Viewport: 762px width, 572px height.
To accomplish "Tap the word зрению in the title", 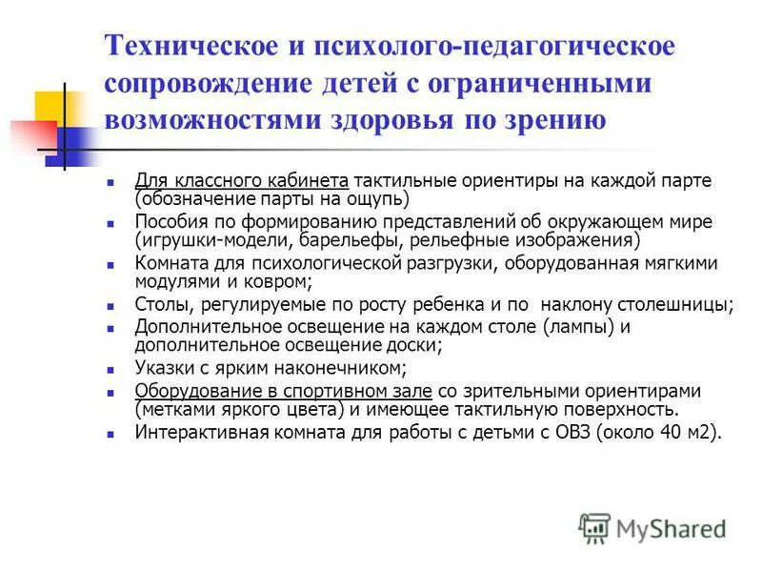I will pos(555,120).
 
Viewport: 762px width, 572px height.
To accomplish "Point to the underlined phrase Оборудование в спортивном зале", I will pos(284,392).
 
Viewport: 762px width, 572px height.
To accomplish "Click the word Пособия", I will pos(170,222).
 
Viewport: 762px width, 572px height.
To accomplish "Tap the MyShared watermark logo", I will pos(652,527).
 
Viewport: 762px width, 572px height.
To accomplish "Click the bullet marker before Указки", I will pos(111,370).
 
